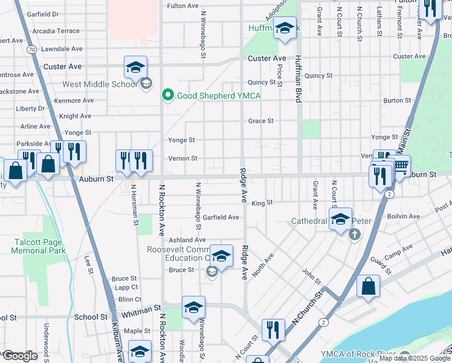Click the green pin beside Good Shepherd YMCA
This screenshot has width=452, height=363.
168,96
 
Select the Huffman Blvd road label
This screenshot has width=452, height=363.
298,79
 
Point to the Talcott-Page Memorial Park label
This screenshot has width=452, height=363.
39,246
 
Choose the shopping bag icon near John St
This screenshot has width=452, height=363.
368,286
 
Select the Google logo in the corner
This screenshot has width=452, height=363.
20,356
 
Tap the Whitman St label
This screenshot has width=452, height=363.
141,308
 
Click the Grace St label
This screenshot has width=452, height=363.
261,121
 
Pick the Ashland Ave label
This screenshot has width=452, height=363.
187,240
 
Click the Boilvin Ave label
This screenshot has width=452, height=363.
403,216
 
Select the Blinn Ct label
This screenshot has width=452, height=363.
129,299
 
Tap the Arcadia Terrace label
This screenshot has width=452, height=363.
56,31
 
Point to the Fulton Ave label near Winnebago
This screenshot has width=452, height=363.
182,6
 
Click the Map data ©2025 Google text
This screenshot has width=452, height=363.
415,358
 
